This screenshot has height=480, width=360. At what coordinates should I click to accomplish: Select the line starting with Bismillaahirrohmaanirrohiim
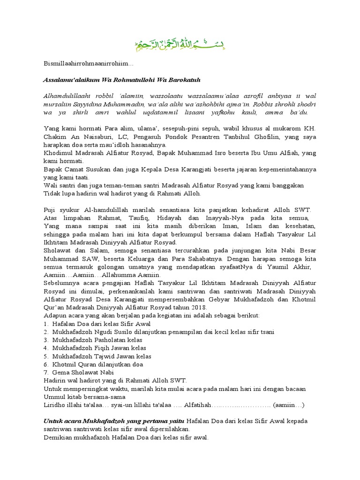tap(89, 63)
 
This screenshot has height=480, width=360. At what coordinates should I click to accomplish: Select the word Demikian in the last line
tap(59, 437)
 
